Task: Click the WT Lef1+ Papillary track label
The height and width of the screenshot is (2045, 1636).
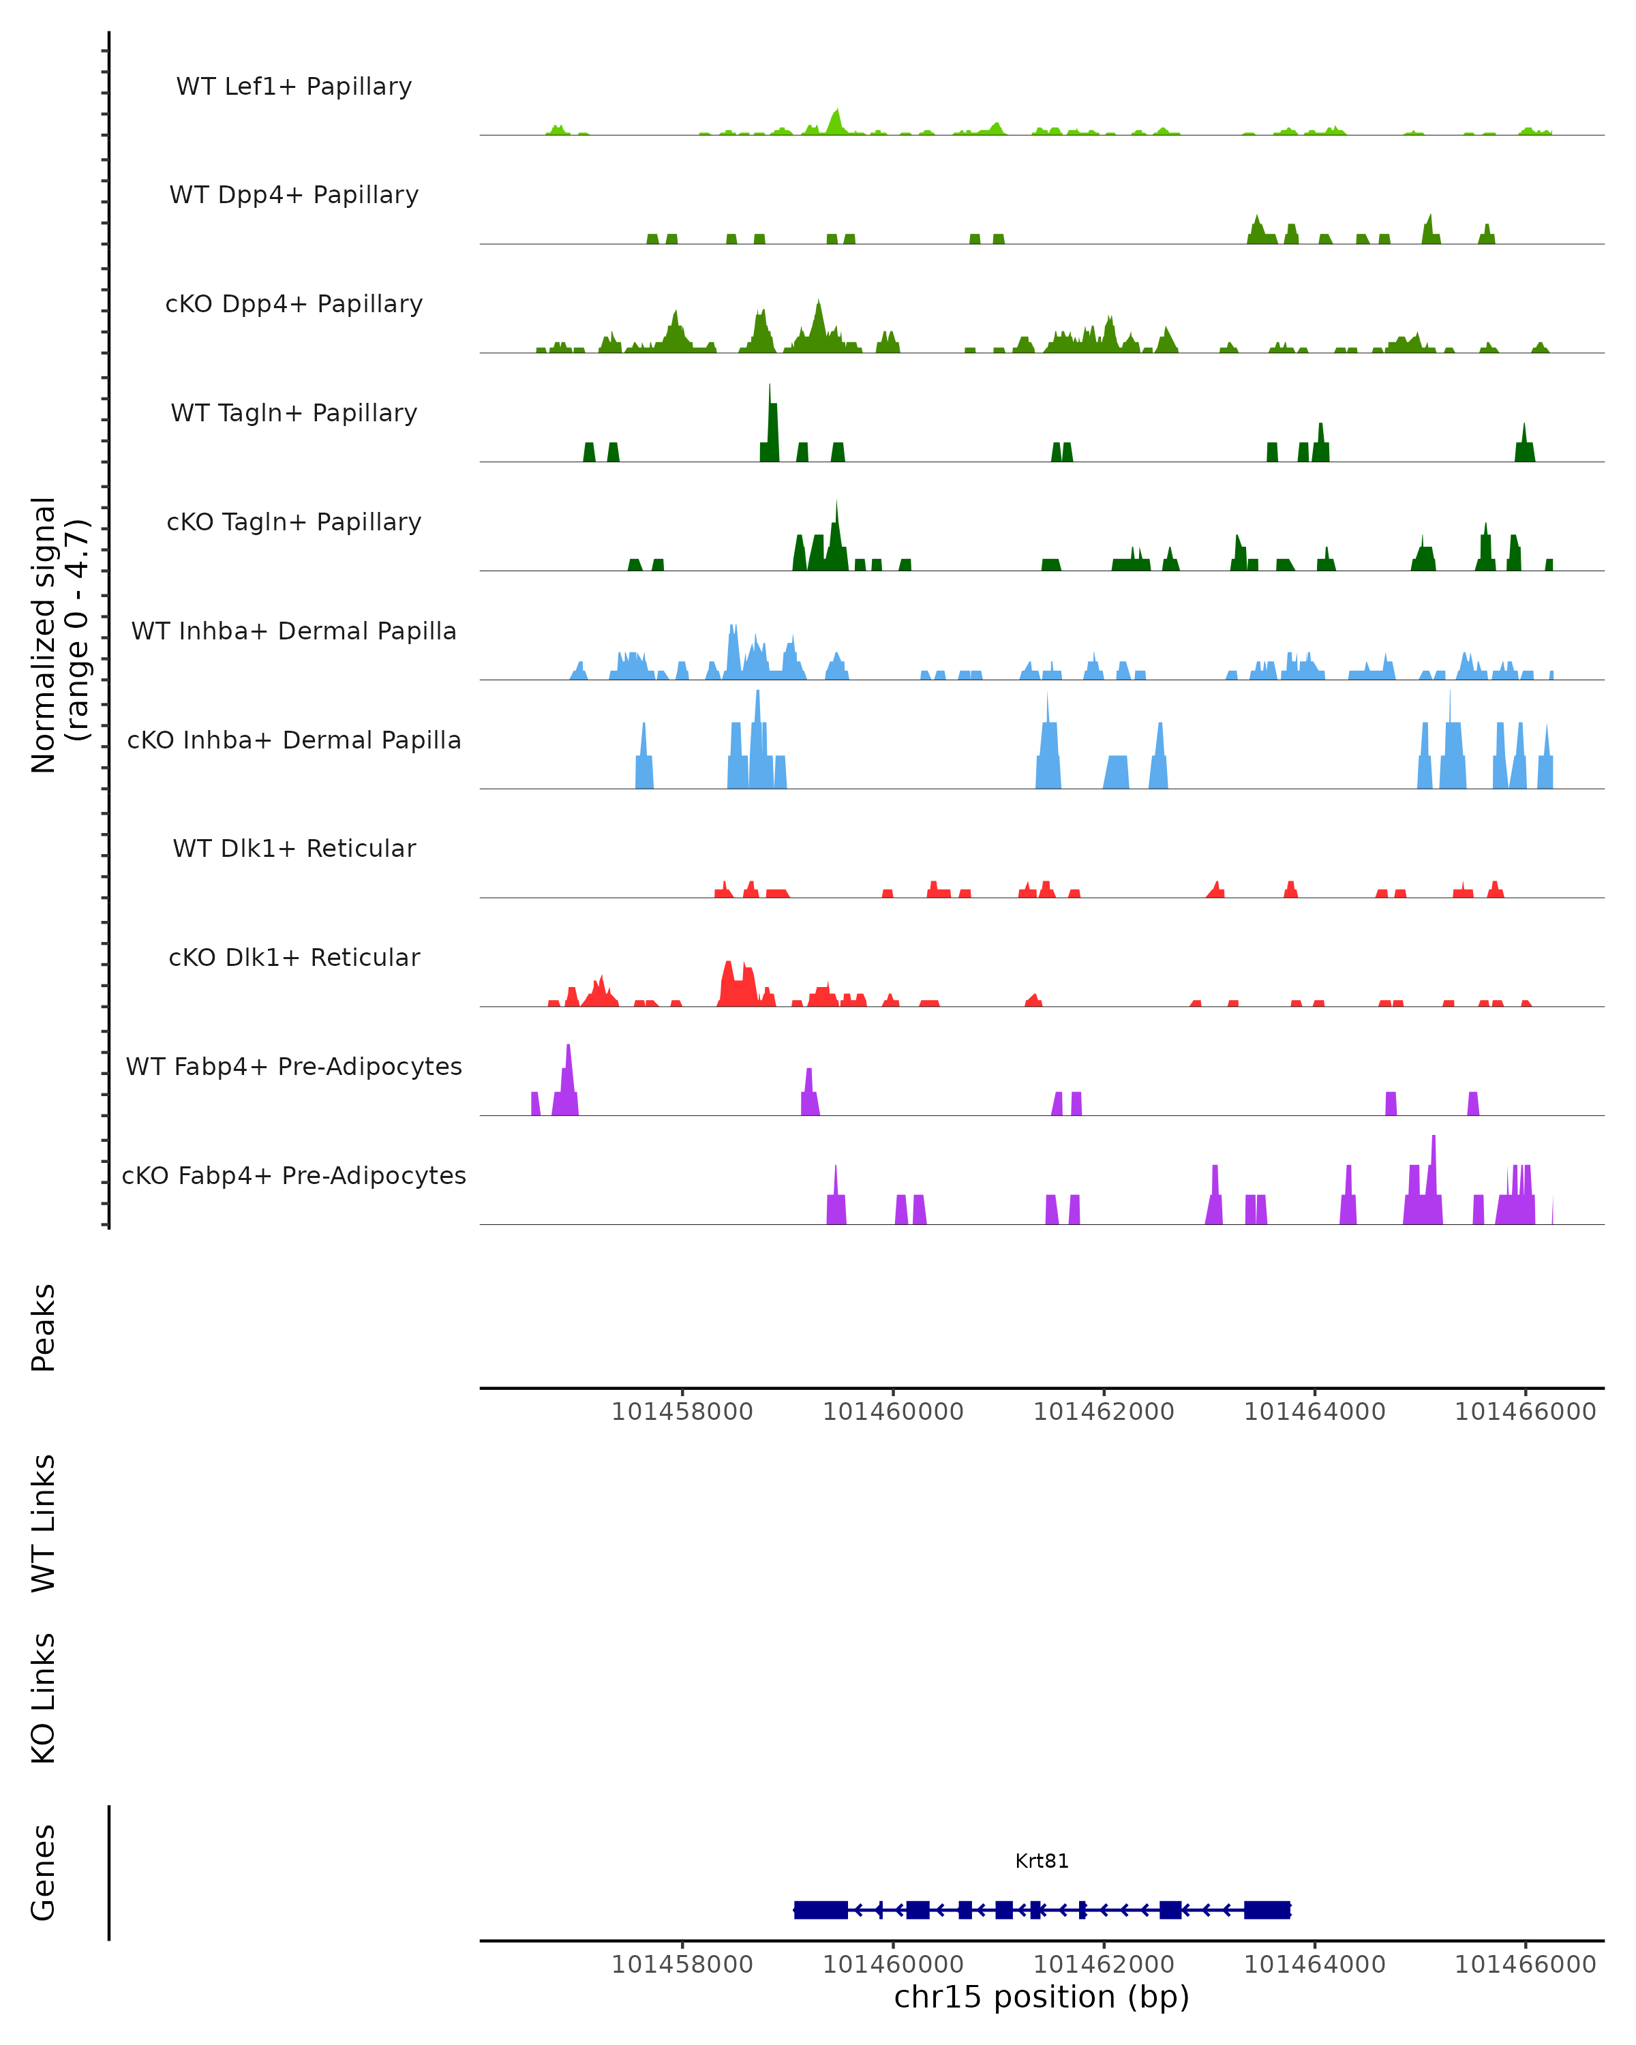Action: click(x=294, y=87)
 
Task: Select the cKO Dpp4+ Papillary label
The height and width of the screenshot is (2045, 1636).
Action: click(x=294, y=305)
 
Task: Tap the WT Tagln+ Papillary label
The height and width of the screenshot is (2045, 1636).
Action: click(x=294, y=414)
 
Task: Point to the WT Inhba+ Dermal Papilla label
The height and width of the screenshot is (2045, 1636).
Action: click(x=294, y=632)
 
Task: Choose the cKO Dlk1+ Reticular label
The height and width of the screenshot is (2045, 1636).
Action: click(x=294, y=958)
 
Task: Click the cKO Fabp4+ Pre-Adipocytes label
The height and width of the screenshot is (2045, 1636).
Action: click(x=294, y=1176)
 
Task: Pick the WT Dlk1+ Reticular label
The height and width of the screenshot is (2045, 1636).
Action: click(x=294, y=849)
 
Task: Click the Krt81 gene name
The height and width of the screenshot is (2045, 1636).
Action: click(x=1042, y=1861)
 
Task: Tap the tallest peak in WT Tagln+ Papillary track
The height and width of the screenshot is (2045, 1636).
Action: click(x=770, y=389)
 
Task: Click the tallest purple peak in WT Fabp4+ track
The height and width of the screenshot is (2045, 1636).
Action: click(x=568, y=1049)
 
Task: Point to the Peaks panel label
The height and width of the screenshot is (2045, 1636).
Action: click(x=44, y=1327)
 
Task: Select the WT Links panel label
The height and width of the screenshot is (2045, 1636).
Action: click(x=44, y=1522)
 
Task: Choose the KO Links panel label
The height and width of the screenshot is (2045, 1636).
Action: click(x=44, y=1698)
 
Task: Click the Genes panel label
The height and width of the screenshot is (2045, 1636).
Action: click(x=44, y=1873)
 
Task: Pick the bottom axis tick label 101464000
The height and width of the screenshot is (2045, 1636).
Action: click(x=1314, y=1965)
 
